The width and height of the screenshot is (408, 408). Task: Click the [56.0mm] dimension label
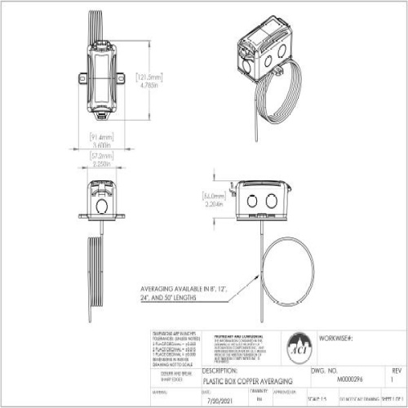pos(214,197)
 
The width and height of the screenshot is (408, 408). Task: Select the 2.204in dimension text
pos(214,206)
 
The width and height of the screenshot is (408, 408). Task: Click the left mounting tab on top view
pos(84,78)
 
